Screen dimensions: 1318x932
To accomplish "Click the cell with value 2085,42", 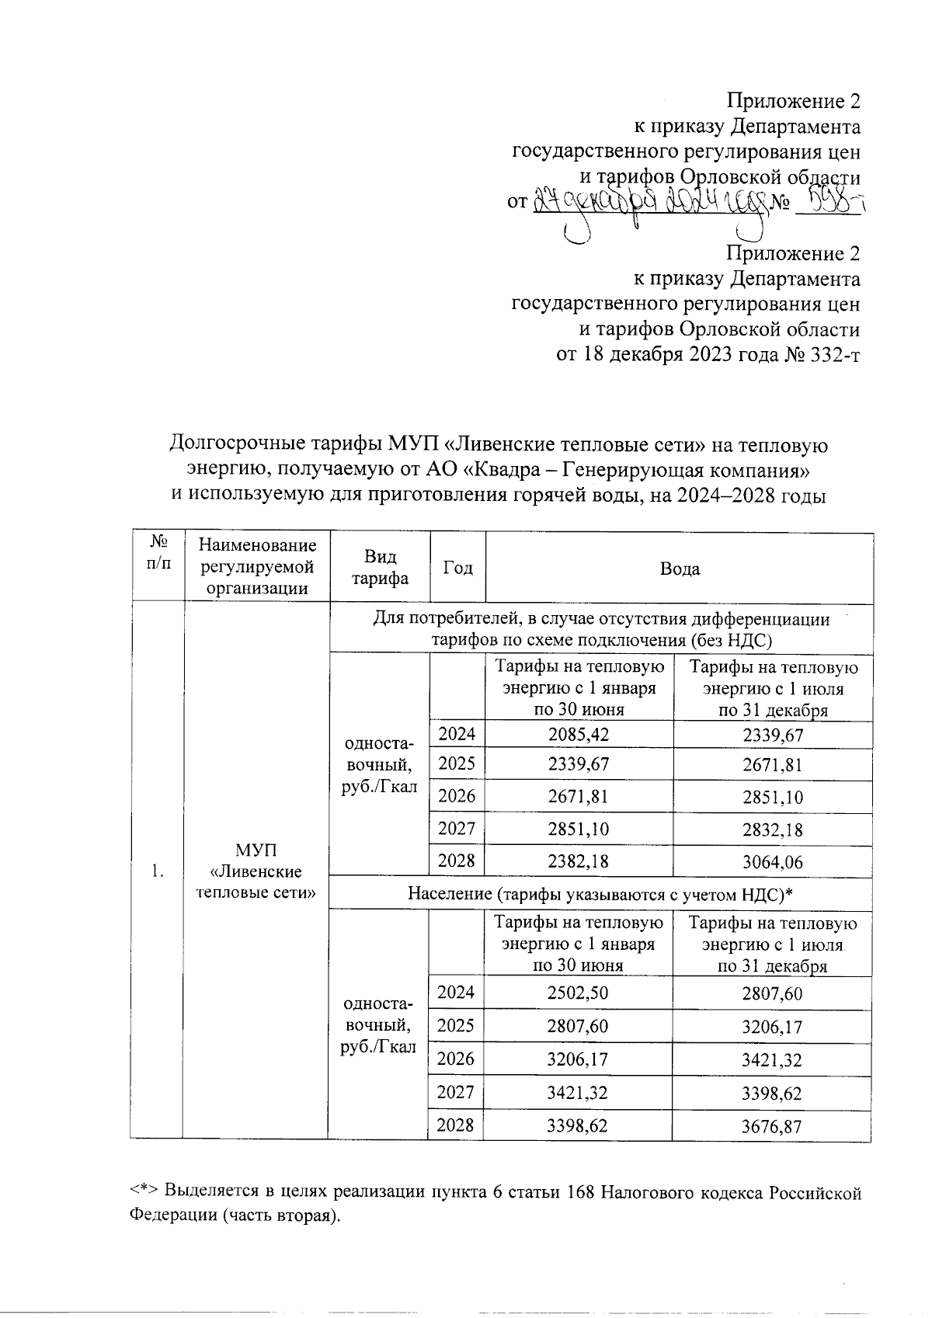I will pyautogui.click(x=578, y=735).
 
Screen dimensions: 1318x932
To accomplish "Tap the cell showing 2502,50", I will pyautogui.click(x=577, y=993).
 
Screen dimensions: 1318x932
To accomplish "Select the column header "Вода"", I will pyautogui.click(x=679, y=569).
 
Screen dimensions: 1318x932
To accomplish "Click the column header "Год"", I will pyautogui.click(x=457, y=569).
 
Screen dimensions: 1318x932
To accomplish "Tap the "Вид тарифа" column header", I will pyautogui.click(x=380, y=569).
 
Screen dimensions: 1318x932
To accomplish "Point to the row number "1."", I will pyautogui.click(x=158, y=871).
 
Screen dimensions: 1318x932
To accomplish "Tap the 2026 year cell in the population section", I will pyautogui.click(x=456, y=1059).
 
